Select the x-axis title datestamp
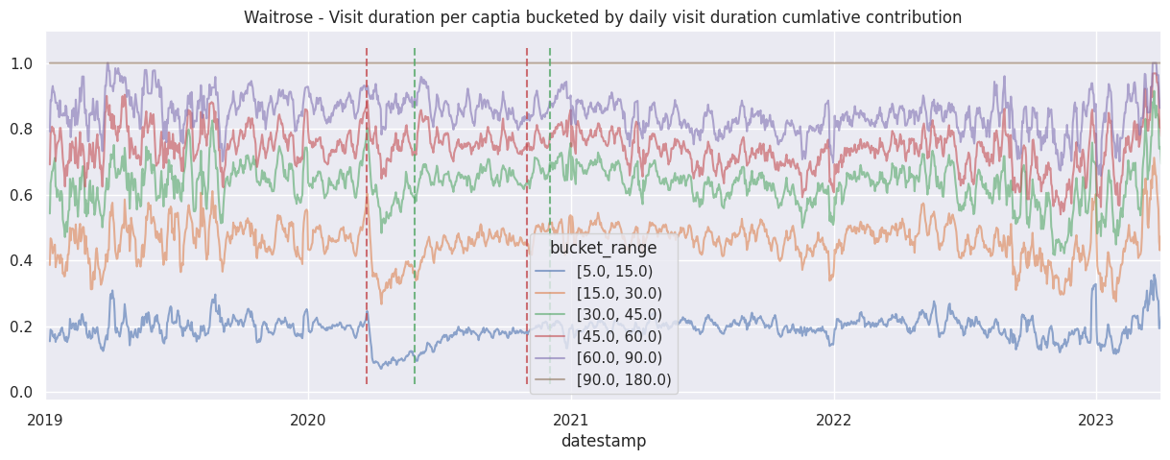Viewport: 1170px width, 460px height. (x=603, y=441)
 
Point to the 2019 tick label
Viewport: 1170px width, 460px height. (x=46, y=420)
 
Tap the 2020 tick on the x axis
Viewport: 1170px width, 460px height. (x=308, y=420)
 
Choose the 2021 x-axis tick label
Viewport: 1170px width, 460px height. (x=571, y=420)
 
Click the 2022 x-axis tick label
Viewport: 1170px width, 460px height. (x=834, y=420)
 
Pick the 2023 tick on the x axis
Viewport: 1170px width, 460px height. (x=1096, y=420)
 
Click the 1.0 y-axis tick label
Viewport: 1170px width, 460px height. (x=21, y=64)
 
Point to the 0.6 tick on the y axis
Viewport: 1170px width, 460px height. (x=21, y=196)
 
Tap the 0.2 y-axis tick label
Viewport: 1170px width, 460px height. (x=21, y=327)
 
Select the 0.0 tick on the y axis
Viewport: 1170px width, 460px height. (x=21, y=392)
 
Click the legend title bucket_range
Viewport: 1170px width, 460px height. (x=603, y=249)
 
